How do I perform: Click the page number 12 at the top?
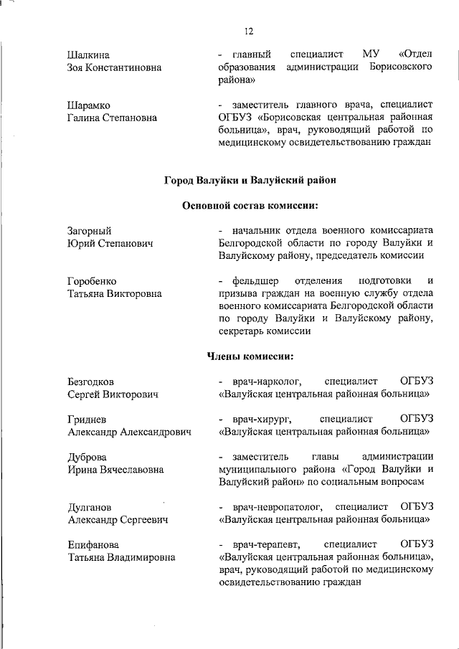[x=249, y=31]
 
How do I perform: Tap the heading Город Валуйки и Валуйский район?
[x=250, y=180]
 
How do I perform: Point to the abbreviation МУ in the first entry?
[x=371, y=55]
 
